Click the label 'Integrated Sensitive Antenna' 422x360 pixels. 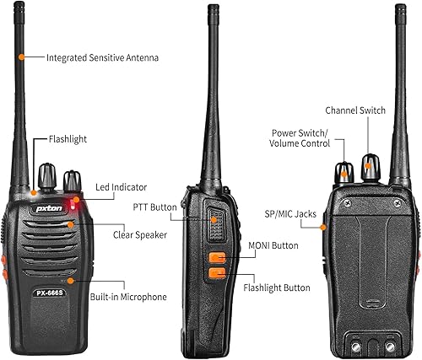pyautogui.click(x=102, y=57)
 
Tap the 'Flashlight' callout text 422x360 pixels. pyautogui.click(x=68, y=138)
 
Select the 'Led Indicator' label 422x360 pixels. pyautogui.click(x=121, y=186)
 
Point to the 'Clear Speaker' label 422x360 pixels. pyautogui.click(x=139, y=234)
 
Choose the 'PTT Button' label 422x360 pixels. pyautogui.click(x=154, y=207)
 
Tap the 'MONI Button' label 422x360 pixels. pyautogui.click(x=272, y=246)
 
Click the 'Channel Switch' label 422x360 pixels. pyautogui.click(x=355, y=110)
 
